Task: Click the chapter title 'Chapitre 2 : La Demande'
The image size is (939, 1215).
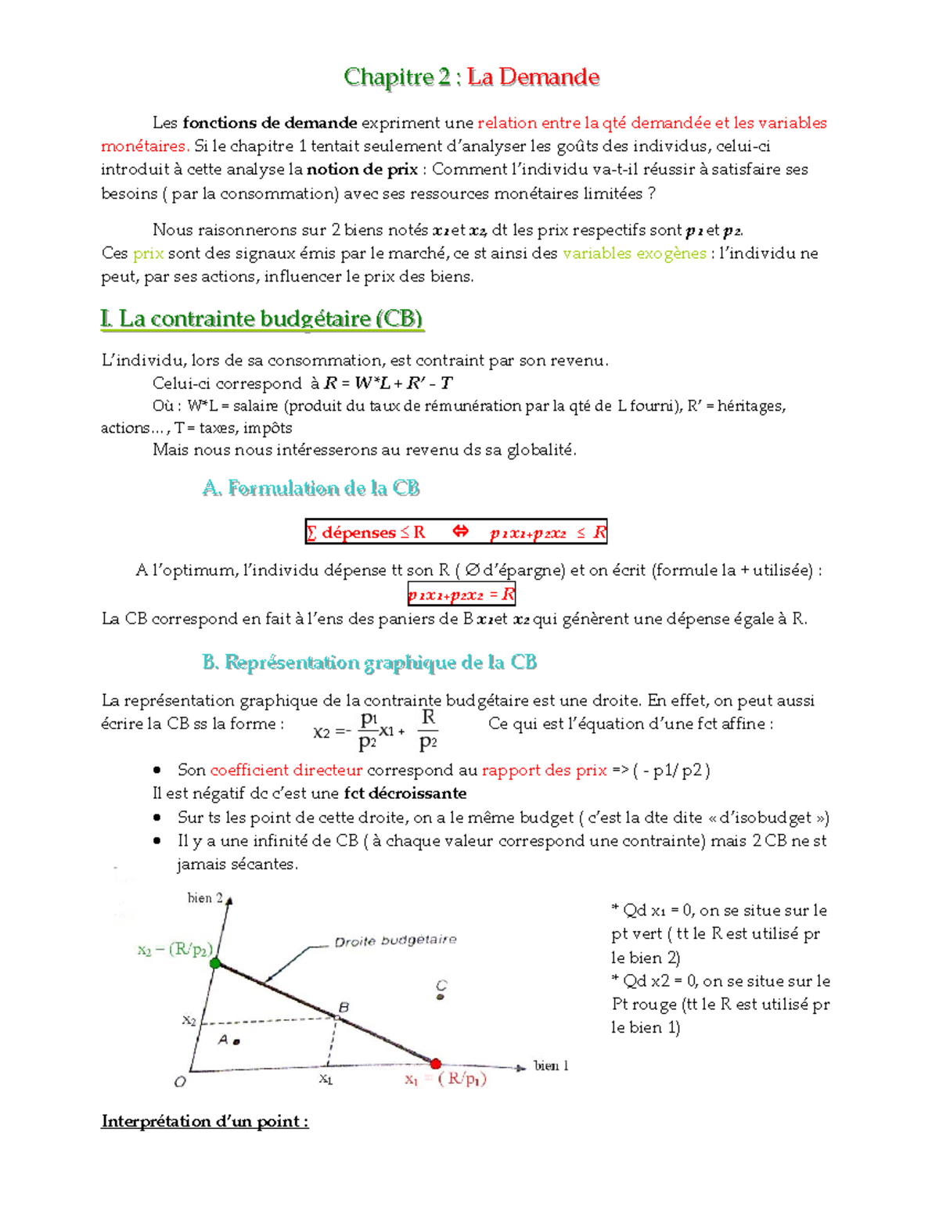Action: (x=471, y=77)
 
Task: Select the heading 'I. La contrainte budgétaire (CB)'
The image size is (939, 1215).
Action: (x=262, y=318)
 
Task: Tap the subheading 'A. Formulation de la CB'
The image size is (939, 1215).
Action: (x=311, y=488)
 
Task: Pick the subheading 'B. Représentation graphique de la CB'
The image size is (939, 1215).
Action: (x=369, y=663)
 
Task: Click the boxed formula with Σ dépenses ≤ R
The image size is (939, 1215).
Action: (x=455, y=533)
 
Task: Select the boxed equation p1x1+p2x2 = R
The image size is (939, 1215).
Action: (x=461, y=595)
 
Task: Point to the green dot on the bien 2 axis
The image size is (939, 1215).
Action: (x=216, y=963)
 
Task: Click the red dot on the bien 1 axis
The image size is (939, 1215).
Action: (x=436, y=1063)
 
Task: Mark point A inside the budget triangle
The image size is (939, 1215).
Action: (x=236, y=1041)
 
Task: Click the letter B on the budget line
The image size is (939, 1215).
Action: (x=344, y=1008)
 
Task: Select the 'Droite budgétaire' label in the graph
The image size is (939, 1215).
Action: (x=395, y=940)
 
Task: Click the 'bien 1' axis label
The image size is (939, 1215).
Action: (x=551, y=1066)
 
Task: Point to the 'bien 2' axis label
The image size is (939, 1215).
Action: (x=205, y=898)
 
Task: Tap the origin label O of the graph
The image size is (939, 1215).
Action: (x=180, y=1082)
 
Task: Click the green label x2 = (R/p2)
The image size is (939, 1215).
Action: (x=174, y=950)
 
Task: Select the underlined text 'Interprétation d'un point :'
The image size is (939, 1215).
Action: (x=204, y=1121)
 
